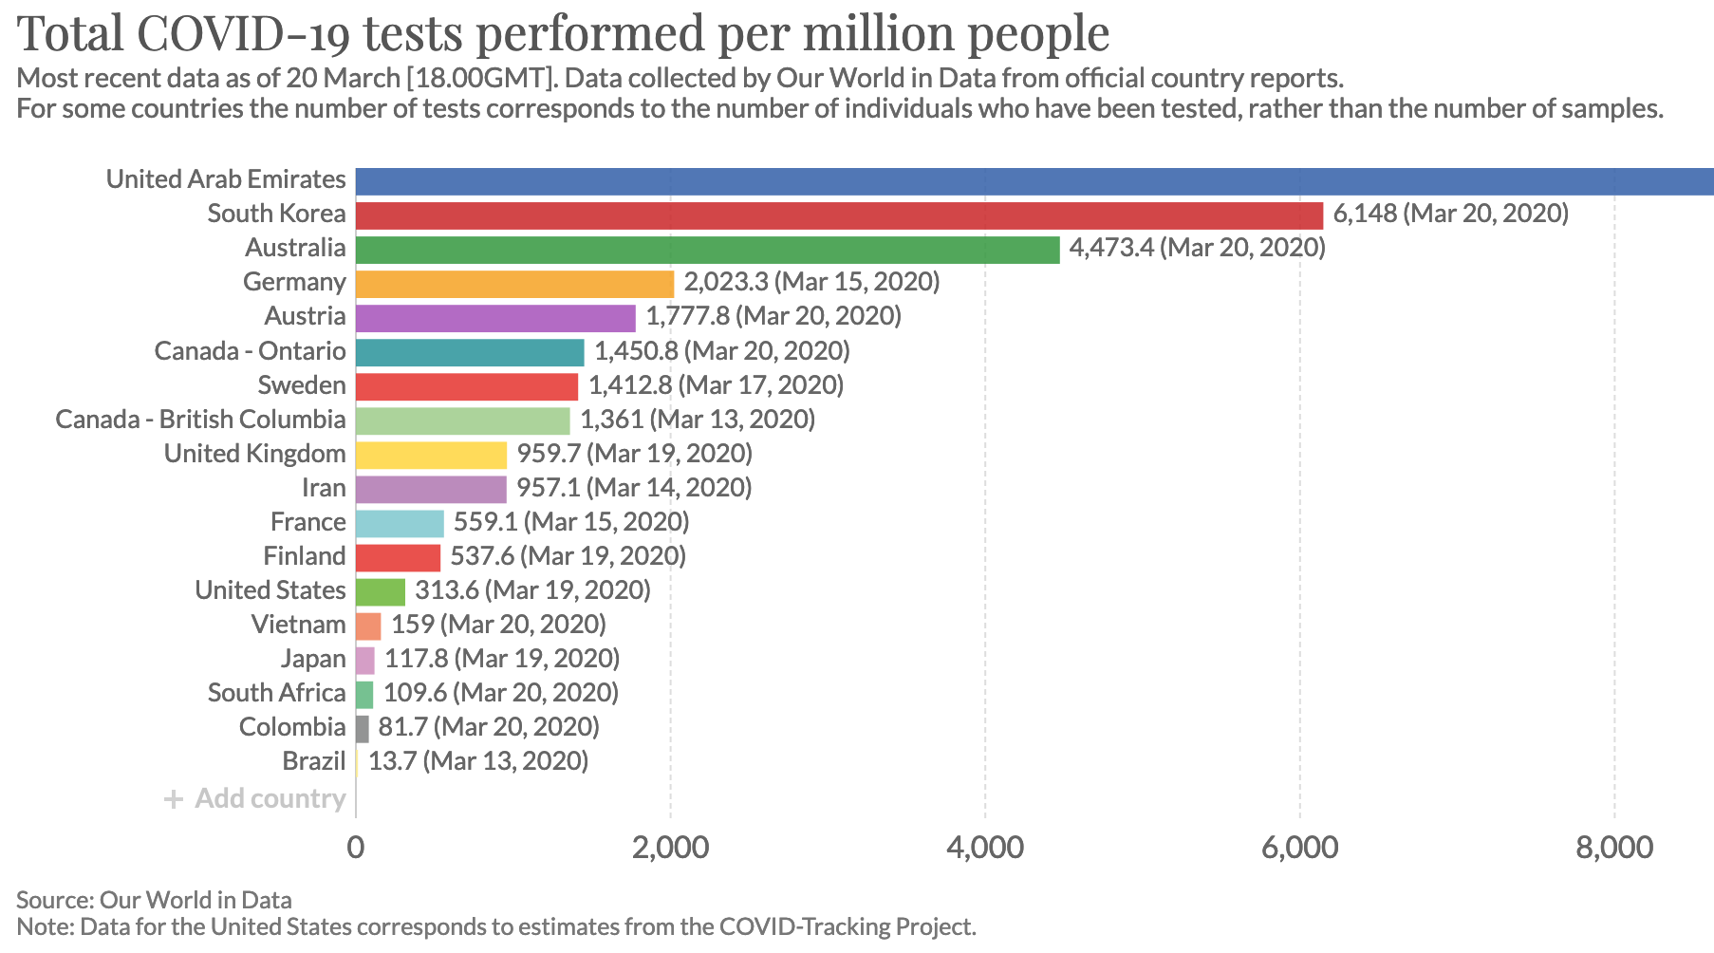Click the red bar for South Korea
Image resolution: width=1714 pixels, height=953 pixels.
839,215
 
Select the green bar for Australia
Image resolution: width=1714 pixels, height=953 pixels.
707,250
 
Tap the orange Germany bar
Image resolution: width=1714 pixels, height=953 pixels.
514,284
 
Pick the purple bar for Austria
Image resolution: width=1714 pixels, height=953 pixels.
495,318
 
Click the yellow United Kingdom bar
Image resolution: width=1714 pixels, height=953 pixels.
431,455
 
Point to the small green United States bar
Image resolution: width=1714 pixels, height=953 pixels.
381,591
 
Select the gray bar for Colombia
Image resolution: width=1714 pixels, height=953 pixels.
363,728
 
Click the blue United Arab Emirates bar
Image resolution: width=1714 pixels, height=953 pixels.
1034,181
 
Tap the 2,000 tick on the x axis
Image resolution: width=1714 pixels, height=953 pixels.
670,847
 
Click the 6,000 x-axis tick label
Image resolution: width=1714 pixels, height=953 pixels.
1299,847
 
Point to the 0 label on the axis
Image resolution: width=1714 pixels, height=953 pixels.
356,847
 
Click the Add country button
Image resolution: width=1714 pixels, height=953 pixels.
254,798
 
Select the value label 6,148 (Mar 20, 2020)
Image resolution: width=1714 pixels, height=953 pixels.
1450,214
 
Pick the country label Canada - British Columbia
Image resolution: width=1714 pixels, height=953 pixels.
200,420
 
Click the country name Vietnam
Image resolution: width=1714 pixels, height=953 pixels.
298,625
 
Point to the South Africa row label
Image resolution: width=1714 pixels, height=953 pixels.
276,693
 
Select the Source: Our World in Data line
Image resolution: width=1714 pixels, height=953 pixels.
154,900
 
